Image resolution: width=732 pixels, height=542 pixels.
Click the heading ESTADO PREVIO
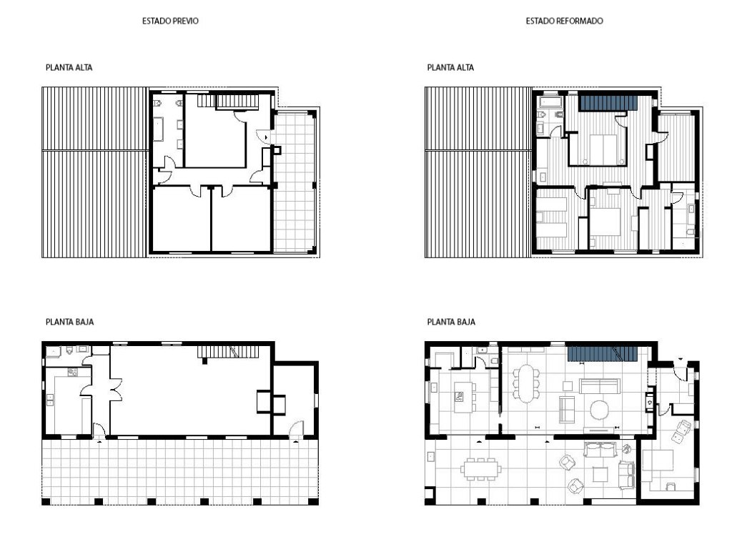[170, 21]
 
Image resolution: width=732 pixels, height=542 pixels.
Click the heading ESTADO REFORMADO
[565, 21]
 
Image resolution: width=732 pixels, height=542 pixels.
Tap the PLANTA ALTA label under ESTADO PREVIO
[69, 68]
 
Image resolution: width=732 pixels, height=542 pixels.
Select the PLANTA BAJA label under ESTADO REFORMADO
[451, 322]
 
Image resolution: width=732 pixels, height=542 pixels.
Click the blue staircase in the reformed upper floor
[609, 103]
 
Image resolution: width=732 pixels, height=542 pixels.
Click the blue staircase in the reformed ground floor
[602, 354]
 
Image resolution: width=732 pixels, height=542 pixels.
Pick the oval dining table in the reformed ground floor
[526, 383]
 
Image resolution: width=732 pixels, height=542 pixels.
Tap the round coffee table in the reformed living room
[600, 410]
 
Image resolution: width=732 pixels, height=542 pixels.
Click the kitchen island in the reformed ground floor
[463, 397]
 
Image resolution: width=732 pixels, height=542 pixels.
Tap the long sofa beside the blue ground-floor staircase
[599, 386]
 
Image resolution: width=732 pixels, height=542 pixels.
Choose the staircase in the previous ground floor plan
[227, 352]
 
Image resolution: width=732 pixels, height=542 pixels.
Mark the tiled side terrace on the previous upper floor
[295, 182]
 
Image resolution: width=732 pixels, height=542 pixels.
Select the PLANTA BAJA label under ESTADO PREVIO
[69, 322]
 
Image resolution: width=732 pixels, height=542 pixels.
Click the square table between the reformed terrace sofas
[600, 474]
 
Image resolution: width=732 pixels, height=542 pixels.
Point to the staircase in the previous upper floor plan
[228, 101]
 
